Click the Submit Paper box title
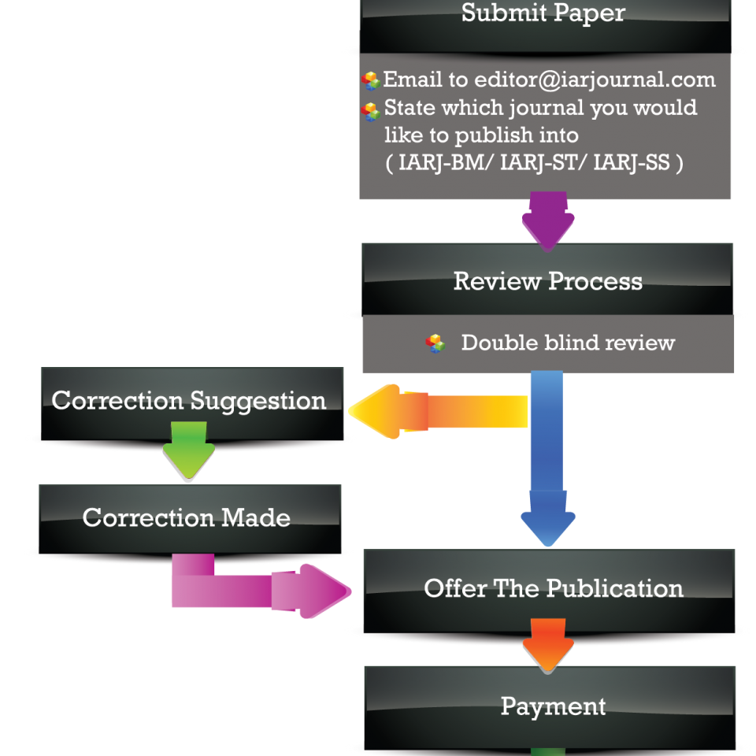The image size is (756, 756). coord(543,14)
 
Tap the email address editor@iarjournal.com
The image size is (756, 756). coord(595,80)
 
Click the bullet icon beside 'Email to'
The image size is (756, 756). coord(371,81)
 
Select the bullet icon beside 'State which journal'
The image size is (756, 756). coord(371,112)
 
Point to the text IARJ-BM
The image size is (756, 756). coord(432,164)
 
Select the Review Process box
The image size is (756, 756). coord(548,281)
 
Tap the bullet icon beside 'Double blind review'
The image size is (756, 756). coord(435,343)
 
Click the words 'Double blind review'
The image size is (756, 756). coord(568,343)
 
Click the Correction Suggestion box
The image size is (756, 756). coord(189,401)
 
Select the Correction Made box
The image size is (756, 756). coord(187,517)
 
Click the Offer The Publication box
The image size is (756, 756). coord(553,589)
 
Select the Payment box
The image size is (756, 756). coord(553,706)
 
